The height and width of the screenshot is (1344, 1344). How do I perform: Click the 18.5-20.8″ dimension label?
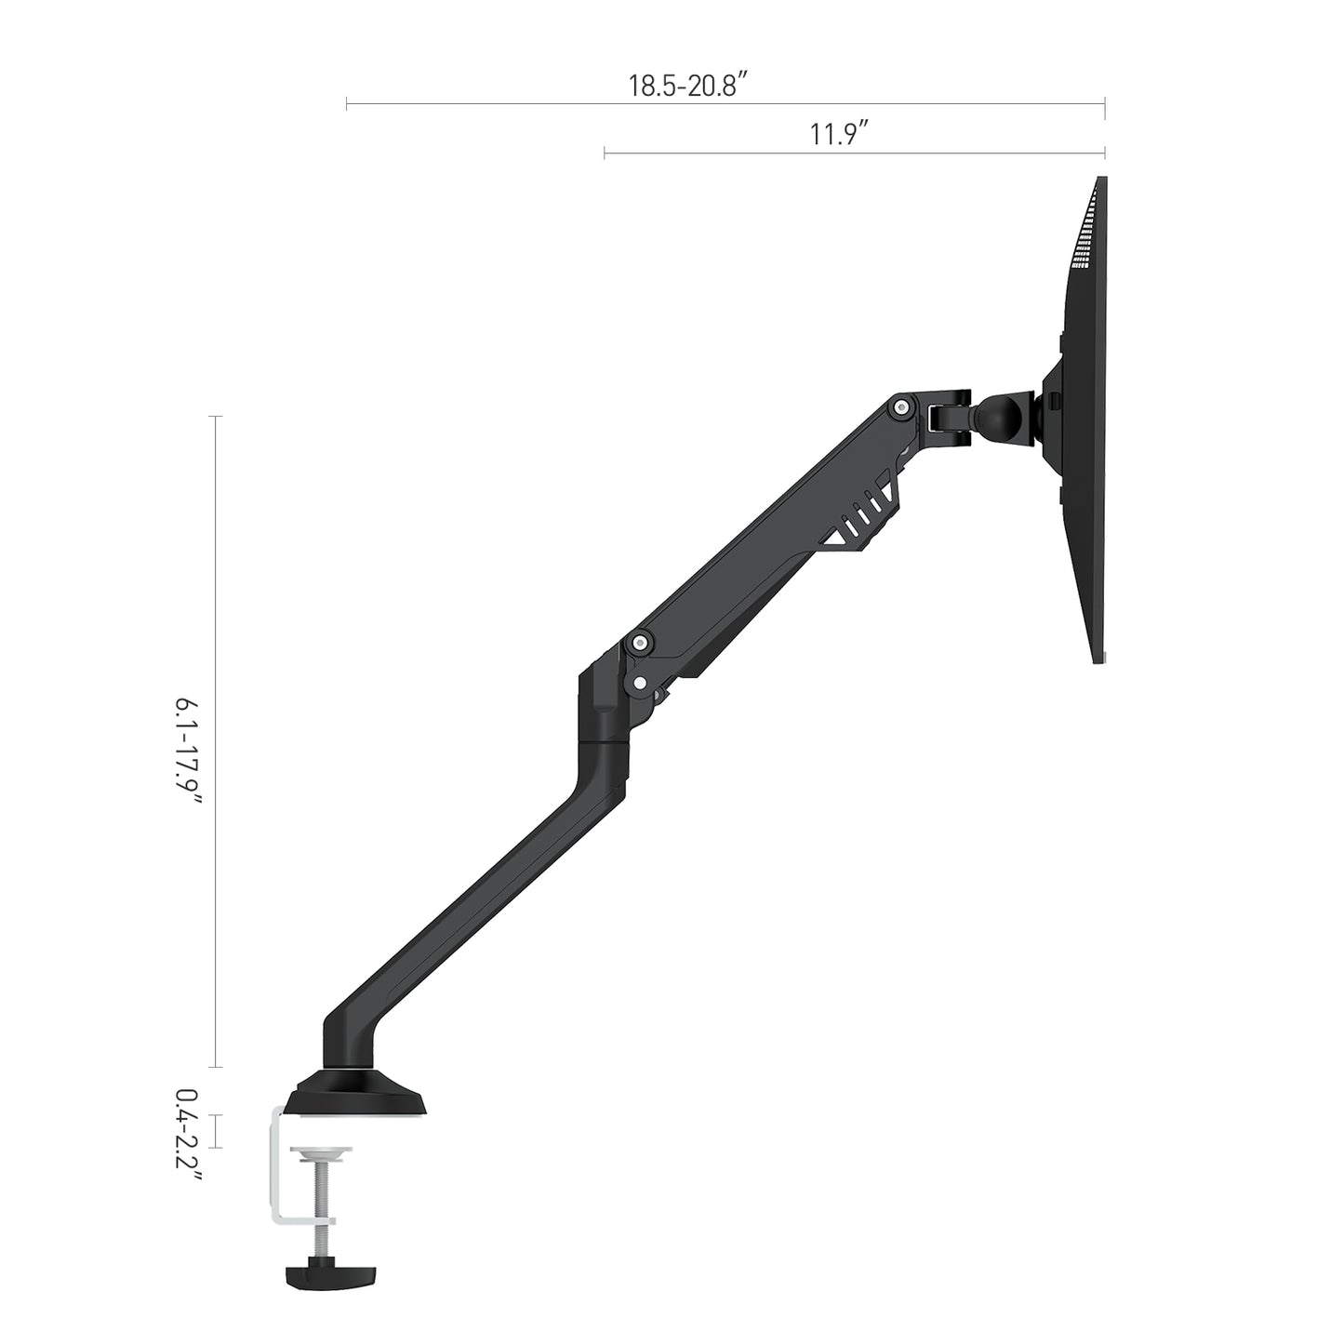tap(689, 86)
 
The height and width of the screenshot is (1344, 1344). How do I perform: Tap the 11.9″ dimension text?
tap(838, 135)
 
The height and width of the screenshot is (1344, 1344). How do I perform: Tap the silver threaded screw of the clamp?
tap(322, 1200)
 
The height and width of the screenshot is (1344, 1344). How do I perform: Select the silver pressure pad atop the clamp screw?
tap(322, 1153)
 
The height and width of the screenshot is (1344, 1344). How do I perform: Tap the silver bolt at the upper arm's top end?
tap(898, 406)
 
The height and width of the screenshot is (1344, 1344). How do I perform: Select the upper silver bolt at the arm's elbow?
tap(640, 642)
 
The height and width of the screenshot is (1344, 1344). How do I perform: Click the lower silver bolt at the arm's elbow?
tap(640, 682)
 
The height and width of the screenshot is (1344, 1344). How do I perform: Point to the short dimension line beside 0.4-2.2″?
tap(217, 1131)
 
